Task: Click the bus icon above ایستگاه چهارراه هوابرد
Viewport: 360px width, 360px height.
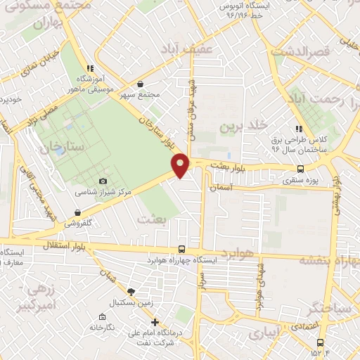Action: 182,249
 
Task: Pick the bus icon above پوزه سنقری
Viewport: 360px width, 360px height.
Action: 301,169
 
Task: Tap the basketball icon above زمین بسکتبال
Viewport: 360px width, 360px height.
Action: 131,291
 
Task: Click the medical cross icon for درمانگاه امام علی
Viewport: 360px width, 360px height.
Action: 155,322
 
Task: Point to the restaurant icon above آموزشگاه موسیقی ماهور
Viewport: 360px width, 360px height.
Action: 79,69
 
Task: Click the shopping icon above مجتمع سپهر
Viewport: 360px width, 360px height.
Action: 140,83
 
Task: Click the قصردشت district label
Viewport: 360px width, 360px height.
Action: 300,51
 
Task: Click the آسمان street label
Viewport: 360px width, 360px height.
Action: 221,188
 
